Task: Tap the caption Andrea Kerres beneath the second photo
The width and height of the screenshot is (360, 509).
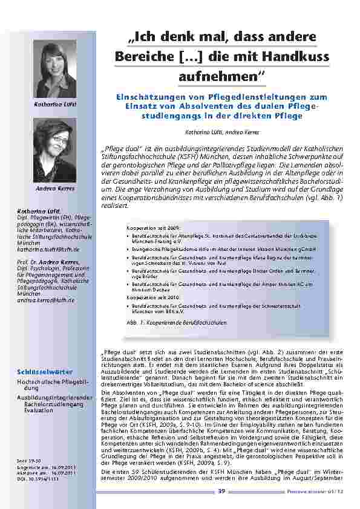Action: point(56,189)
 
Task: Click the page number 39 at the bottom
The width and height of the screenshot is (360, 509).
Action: point(222,491)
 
